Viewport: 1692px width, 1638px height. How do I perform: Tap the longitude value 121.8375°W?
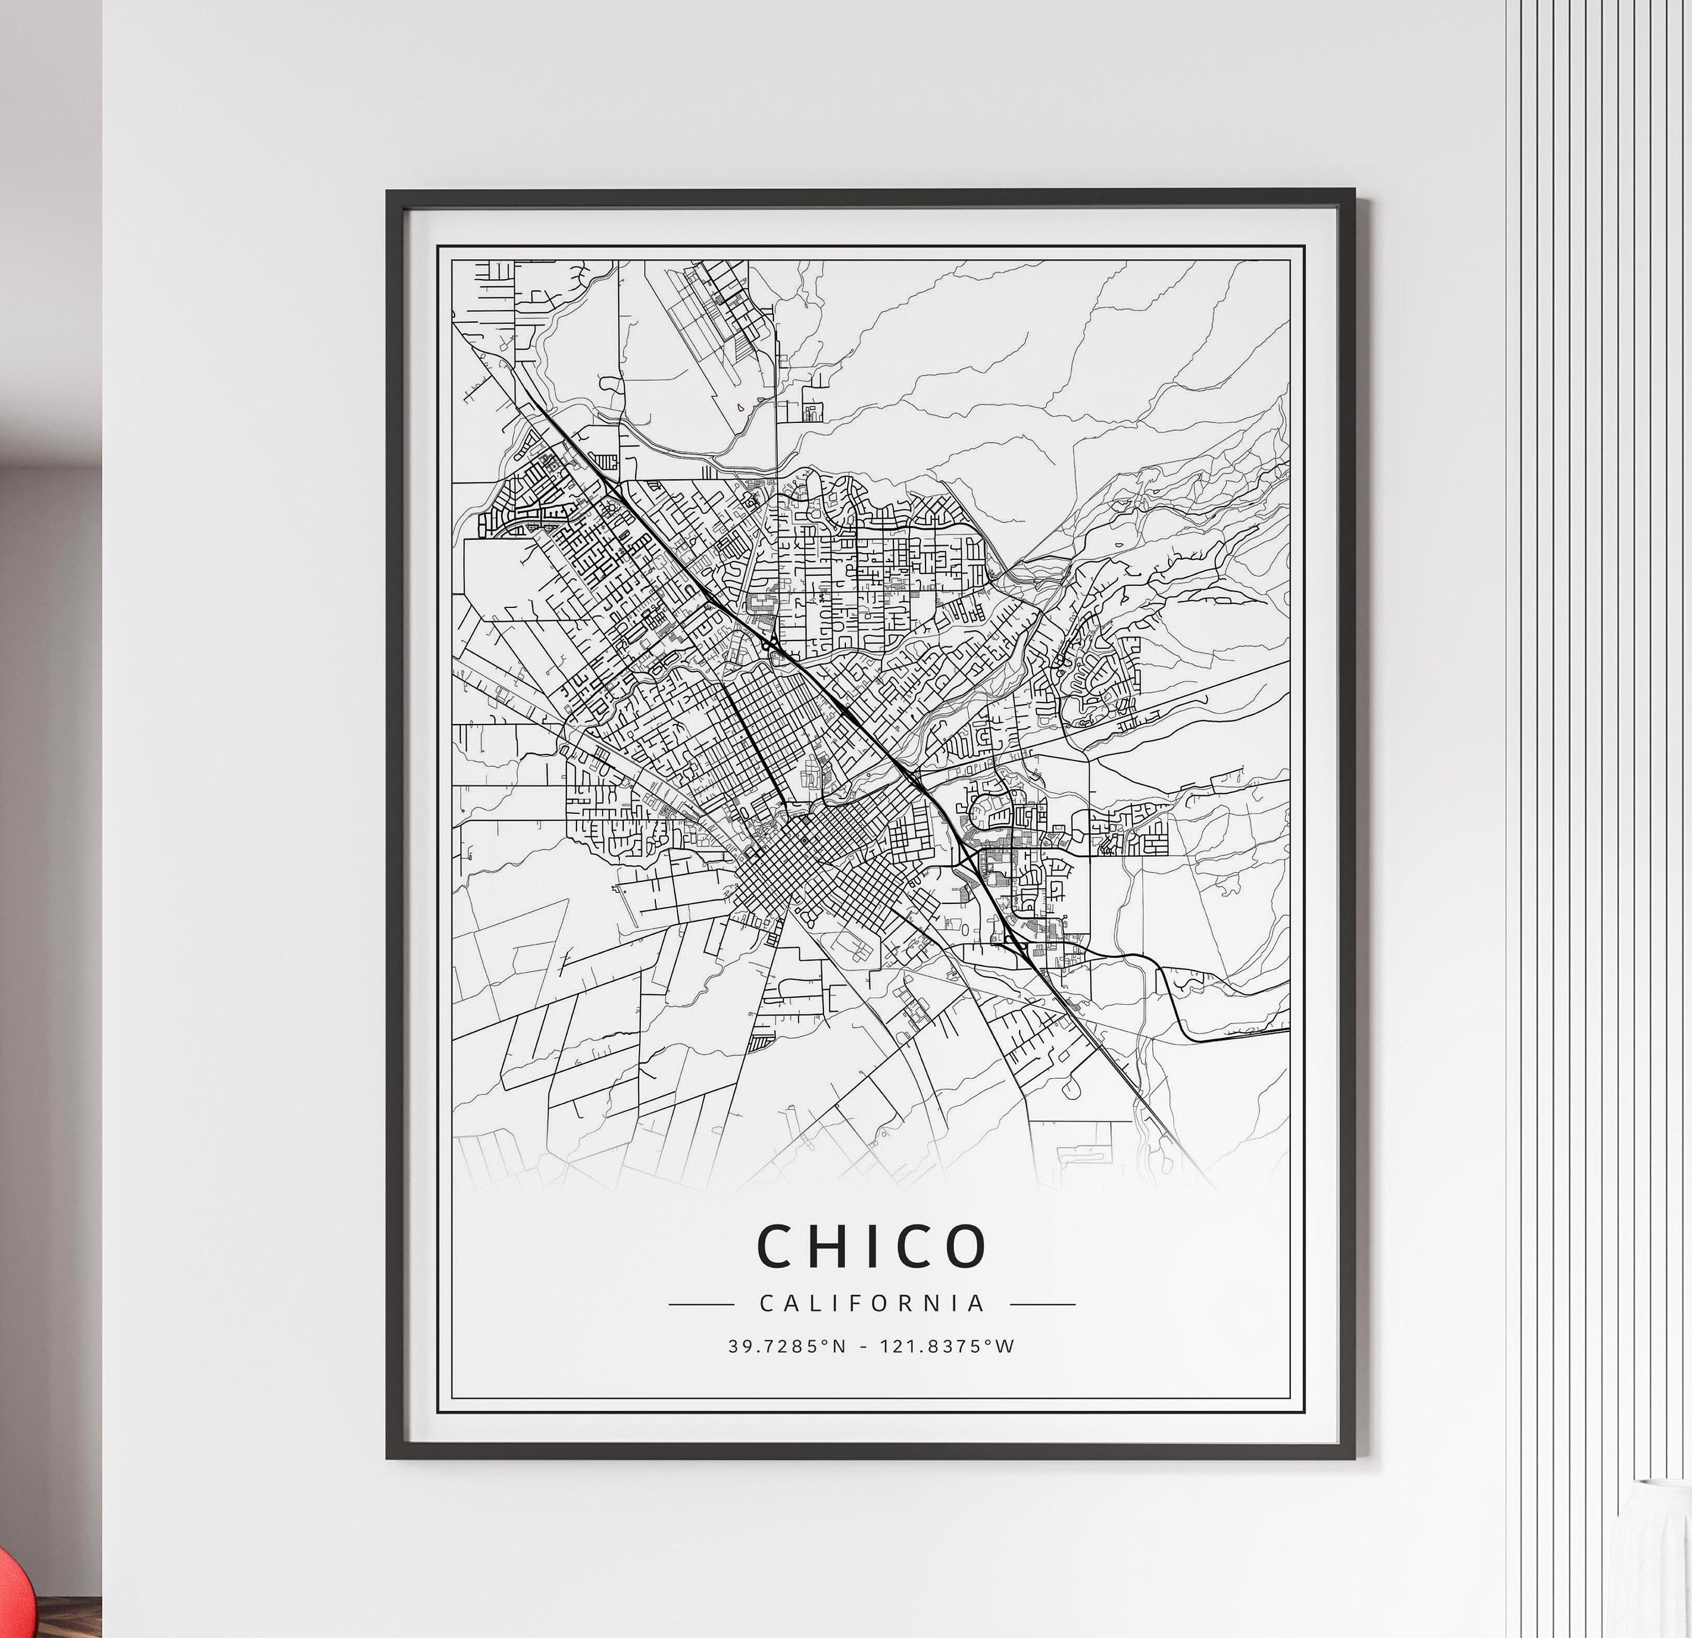coord(947,1346)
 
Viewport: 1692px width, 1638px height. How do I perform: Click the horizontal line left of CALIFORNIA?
coord(701,1305)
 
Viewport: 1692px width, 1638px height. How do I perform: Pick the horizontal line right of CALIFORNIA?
coord(1042,1305)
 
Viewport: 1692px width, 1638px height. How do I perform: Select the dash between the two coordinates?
coord(864,1347)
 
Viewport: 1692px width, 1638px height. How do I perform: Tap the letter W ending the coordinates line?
coord(1006,1346)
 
